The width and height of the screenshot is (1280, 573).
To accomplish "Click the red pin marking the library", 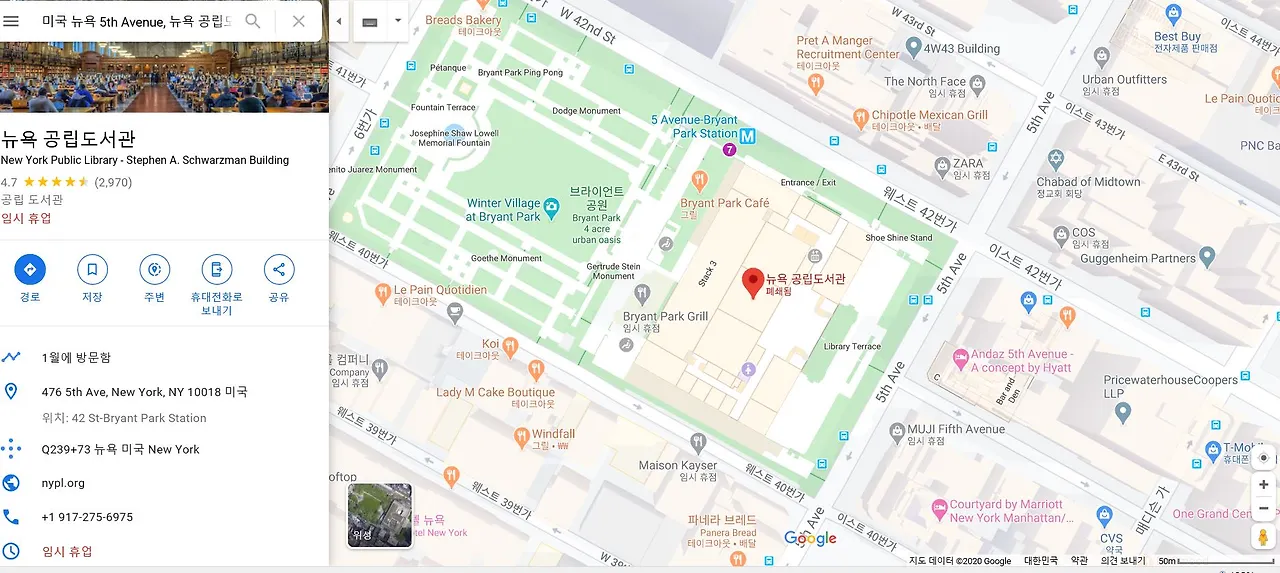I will (x=753, y=283).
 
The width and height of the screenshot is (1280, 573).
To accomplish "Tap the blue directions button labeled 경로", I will (x=30, y=270).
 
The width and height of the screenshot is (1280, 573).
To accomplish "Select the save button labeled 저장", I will (x=92, y=270).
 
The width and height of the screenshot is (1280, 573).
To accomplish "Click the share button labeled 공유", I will (x=279, y=270).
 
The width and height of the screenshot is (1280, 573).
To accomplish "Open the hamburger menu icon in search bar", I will (x=12, y=21).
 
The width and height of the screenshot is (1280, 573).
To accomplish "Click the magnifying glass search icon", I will (x=253, y=21).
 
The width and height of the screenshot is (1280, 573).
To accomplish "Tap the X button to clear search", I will (x=298, y=21).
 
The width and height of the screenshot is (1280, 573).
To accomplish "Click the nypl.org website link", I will (x=63, y=483).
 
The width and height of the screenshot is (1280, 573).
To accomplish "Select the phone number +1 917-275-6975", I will (x=87, y=517).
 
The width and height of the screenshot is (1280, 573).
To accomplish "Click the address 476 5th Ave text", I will (x=144, y=392).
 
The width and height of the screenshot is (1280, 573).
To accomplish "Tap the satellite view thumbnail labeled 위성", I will (x=380, y=516).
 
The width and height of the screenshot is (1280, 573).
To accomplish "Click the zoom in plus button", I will (x=1264, y=485).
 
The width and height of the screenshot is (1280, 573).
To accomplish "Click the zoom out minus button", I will (x=1264, y=508).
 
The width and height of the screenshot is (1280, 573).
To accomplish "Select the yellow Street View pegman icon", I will (x=1264, y=536).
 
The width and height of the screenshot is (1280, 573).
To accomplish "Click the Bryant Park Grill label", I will (x=665, y=317).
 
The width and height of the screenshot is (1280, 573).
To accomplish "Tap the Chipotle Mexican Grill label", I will (x=929, y=115).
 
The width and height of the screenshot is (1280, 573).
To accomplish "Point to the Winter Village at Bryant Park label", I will (x=503, y=210).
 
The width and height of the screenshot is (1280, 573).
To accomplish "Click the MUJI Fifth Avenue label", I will (x=956, y=430).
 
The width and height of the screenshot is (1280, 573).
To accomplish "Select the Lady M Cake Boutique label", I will (x=495, y=392).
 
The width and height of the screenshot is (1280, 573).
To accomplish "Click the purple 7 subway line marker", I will (x=729, y=150).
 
